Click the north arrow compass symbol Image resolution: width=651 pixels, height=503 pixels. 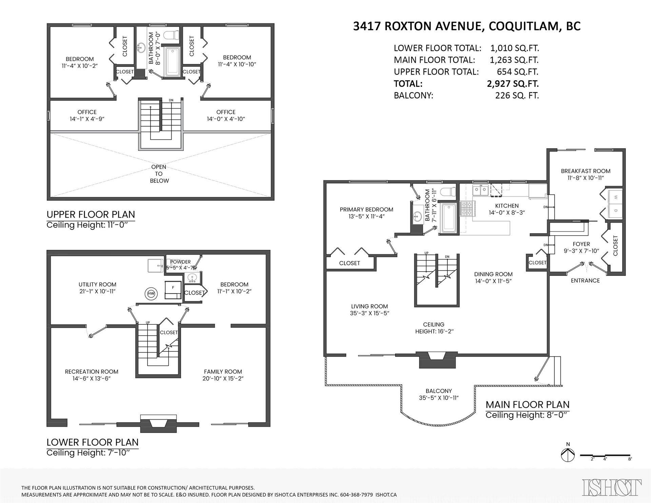568,455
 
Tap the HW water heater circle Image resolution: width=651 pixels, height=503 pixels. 151,294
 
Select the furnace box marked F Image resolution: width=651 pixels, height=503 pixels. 173,290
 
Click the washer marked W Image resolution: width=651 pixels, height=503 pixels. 615,197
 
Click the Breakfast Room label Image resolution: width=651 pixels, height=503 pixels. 586,171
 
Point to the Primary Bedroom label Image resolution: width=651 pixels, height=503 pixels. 367,209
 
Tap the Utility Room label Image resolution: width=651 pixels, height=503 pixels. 97,284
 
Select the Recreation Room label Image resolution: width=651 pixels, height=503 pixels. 92,371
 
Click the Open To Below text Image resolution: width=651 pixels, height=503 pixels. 159,174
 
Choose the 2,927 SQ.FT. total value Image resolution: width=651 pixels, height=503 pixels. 513,84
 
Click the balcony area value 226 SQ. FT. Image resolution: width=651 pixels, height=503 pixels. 517,96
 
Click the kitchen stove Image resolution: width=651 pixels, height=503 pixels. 468,208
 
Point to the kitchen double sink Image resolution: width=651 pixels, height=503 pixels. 481,190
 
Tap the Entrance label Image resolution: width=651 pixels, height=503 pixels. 585,280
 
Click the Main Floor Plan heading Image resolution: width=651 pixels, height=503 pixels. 528,404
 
